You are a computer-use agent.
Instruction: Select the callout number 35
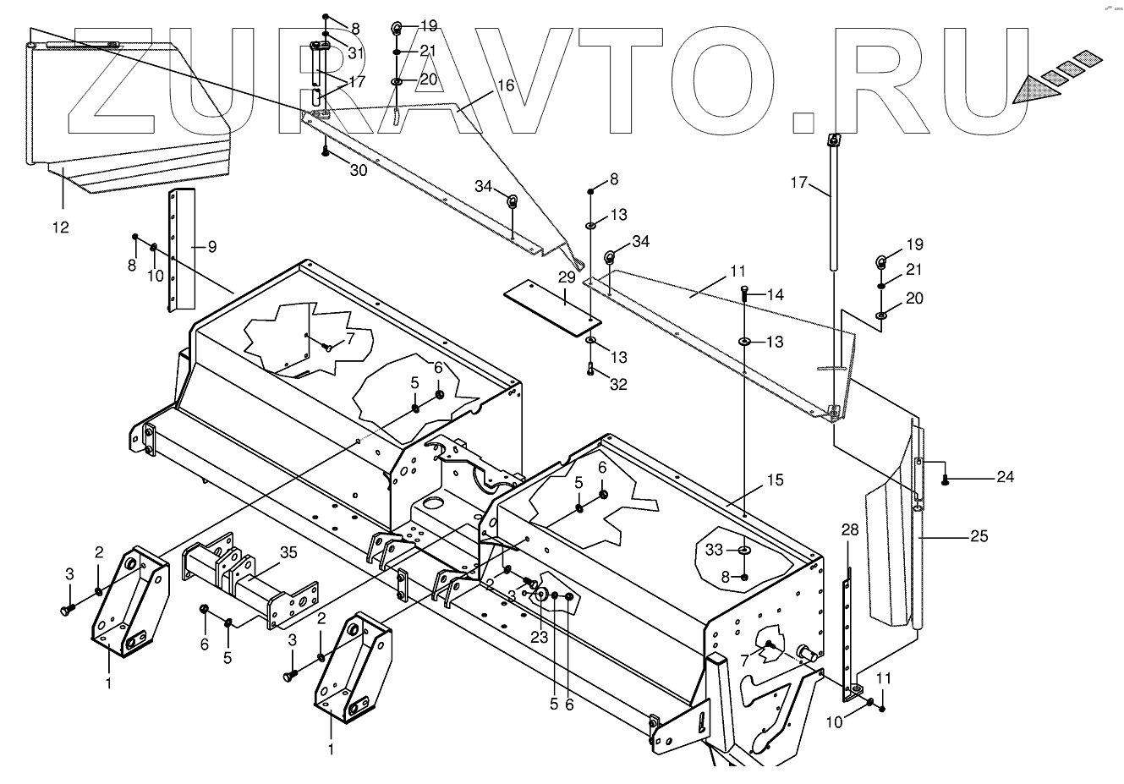click(x=288, y=555)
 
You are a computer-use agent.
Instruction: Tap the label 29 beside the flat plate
click(x=566, y=277)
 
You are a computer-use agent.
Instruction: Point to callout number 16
click(x=505, y=85)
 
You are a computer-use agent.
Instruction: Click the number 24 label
click(x=1004, y=476)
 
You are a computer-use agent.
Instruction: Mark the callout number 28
click(x=850, y=530)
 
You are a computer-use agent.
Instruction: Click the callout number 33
click(x=715, y=550)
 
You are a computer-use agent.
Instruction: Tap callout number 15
click(x=775, y=480)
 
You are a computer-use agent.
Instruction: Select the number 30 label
click(x=359, y=170)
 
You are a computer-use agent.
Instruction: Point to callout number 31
click(x=355, y=53)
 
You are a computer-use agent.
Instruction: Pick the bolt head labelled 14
click(x=743, y=291)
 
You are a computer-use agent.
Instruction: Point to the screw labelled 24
click(x=945, y=480)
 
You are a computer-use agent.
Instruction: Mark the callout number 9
click(x=211, y=247)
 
